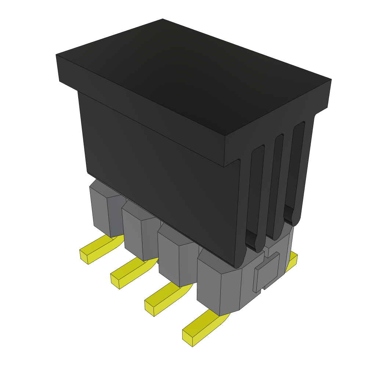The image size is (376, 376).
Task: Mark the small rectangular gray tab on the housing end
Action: [267, 272]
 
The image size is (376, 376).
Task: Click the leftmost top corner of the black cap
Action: [57, 55]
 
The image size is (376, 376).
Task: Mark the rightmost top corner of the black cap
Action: [331, 80]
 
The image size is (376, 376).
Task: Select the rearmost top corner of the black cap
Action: [163, 19]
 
